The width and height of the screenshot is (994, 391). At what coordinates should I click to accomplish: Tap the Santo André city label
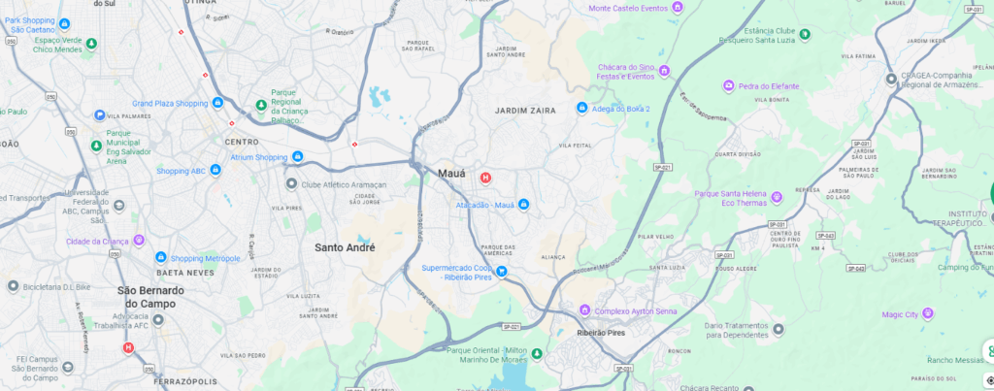[345, 247]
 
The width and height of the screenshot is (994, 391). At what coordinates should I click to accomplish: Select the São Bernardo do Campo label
[150, 297]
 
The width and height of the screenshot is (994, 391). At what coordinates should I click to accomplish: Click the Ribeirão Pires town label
[605, 331]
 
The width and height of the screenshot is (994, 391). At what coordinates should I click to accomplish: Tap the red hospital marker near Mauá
[485, 178]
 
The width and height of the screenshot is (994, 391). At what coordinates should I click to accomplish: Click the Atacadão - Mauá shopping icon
[523, 204]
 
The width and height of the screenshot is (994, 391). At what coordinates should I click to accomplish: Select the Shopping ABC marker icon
[215, 171]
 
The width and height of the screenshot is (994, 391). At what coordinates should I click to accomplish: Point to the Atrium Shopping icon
[298, 157]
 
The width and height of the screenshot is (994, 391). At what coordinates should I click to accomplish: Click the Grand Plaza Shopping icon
[218, 103]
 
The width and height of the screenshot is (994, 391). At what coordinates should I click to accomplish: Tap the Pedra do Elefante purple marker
[728, 86]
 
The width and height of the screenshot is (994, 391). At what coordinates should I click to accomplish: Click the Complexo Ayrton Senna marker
[584, 310]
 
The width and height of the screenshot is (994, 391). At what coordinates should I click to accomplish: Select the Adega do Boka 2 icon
[581, 108]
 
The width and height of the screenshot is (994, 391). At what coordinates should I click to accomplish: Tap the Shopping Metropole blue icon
[161, 258]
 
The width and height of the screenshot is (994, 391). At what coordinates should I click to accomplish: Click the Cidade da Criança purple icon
[139, 241]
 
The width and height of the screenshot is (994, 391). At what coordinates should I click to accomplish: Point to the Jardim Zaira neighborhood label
[526, 111]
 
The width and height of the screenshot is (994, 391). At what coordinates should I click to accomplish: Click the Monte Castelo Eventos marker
[679, 8]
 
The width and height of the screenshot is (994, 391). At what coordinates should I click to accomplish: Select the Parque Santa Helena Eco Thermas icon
[777, 198]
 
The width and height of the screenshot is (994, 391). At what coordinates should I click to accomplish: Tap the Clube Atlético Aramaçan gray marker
[291, 184]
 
